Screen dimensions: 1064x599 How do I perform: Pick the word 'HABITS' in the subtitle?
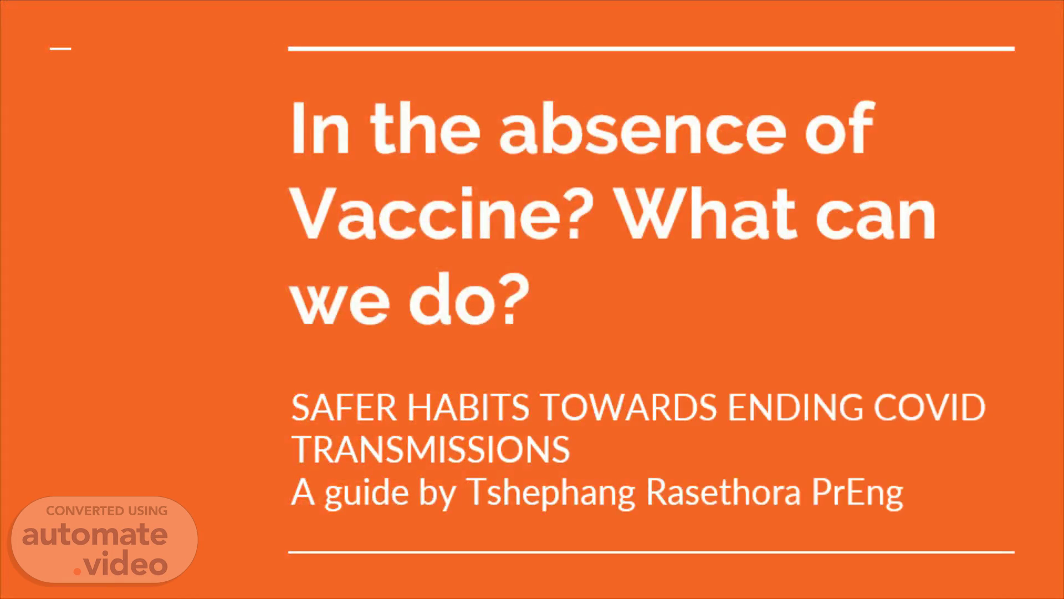[x=468, y=408]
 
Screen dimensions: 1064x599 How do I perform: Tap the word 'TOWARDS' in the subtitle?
[x=628, y=408]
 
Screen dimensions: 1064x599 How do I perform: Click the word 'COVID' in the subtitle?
[x=929, y=408]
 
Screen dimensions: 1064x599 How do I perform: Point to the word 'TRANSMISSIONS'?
[x=431, y=449]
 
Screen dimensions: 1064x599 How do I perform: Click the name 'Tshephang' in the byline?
[x=551, y=493]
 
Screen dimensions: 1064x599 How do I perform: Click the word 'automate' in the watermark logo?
[x=95, y=535]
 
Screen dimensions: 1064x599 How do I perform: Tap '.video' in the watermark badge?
[x=120, y=565]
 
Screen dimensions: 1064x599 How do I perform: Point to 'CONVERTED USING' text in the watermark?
[x=106, y=511]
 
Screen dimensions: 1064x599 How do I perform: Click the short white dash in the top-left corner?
[x=60, y=49]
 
